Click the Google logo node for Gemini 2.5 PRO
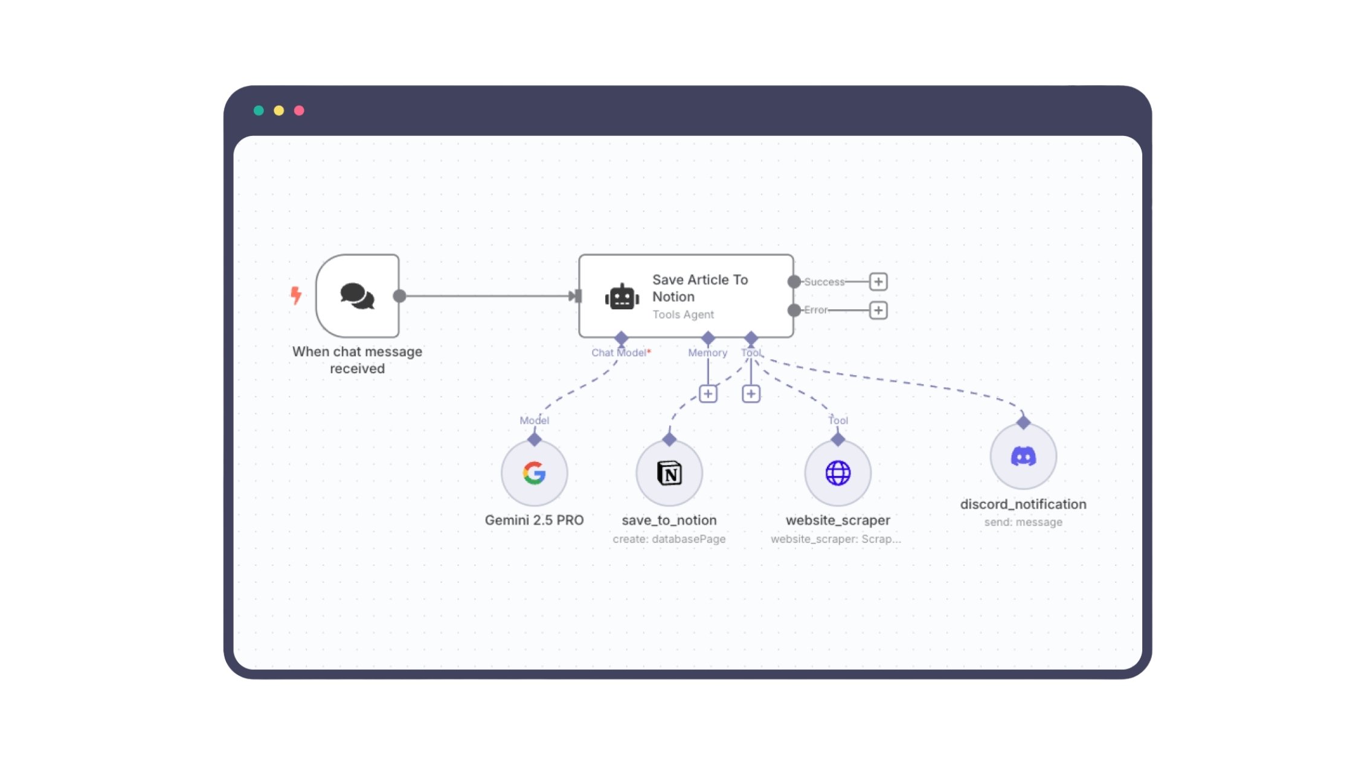click(534, 473)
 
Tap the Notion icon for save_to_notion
click(669, 473)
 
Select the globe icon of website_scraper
click(838, 473)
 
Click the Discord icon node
click(1023, 456)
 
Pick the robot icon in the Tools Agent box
click(622, 297)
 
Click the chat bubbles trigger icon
click(357, 296)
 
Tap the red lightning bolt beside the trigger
click(295, 295)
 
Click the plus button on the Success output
click(878, 281)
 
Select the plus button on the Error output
click(878, 310)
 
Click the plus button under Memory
click(708, 394)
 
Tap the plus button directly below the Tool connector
click(751, 394)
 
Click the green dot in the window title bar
click(259, 111)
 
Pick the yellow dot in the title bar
click(278, 111)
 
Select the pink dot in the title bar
click(299, 111)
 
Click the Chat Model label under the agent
click(619, 353)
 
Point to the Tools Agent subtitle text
click(683, 315)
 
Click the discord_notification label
click(1023, 504)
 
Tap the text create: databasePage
click(669, 539)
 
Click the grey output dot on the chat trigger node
click(399, 296)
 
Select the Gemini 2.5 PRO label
click(534, 520)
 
